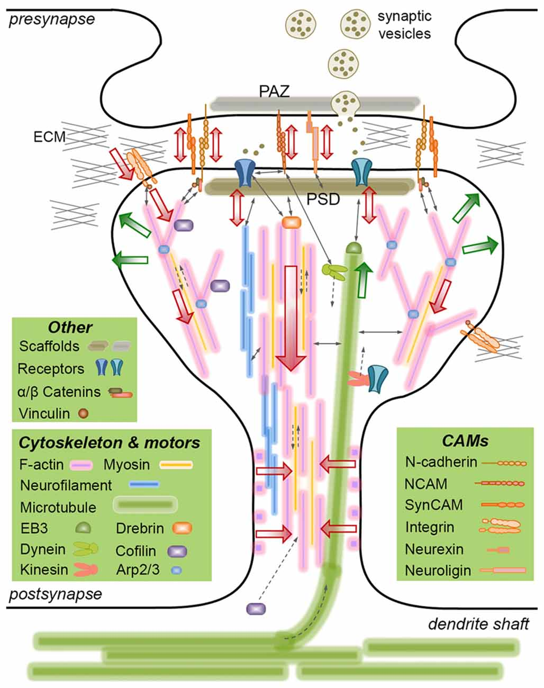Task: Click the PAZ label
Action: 274,90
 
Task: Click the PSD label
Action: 323,201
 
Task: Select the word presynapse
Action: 52,20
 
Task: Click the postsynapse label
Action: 56,593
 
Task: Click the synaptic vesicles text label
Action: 404,25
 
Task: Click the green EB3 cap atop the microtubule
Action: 353,247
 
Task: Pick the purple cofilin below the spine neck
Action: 256,608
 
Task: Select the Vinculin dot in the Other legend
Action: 83,413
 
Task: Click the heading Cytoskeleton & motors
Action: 110,442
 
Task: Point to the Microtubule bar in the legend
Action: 145,506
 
